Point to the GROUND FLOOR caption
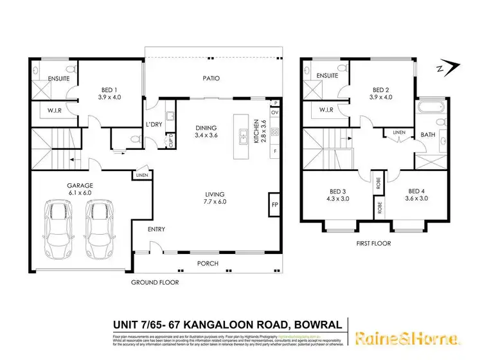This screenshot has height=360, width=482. [155, 282]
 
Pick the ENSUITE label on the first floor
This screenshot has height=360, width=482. [327, 75]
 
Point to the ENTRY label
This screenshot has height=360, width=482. [157, 228]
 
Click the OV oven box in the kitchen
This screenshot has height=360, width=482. [275, 113]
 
